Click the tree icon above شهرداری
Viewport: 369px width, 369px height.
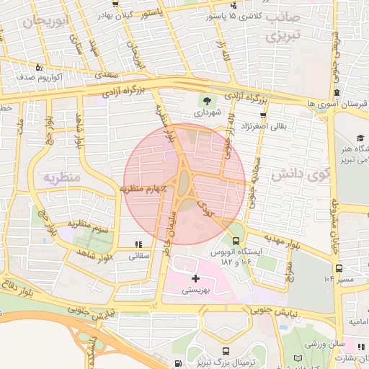pyautogui.click(x=208, y=101)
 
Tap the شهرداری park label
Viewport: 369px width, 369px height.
pyautogui.click(x=208, y=113)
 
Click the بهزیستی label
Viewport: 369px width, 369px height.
pyautogui.click(x=195, y=290)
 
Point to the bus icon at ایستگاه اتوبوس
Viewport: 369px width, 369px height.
pyautogui.click(x=236, y=241)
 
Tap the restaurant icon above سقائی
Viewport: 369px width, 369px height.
pyautogui.click(x=138, y=244)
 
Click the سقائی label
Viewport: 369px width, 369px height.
pyautogui.click(x=138, y=256)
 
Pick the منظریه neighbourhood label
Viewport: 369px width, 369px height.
pyautogui.click(x=60, y=177)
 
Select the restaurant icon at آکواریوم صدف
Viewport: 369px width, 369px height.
pyautogui.click(x=38, y=66)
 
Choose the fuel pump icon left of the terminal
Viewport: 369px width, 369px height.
pyautogui.click(x=177, y=364)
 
